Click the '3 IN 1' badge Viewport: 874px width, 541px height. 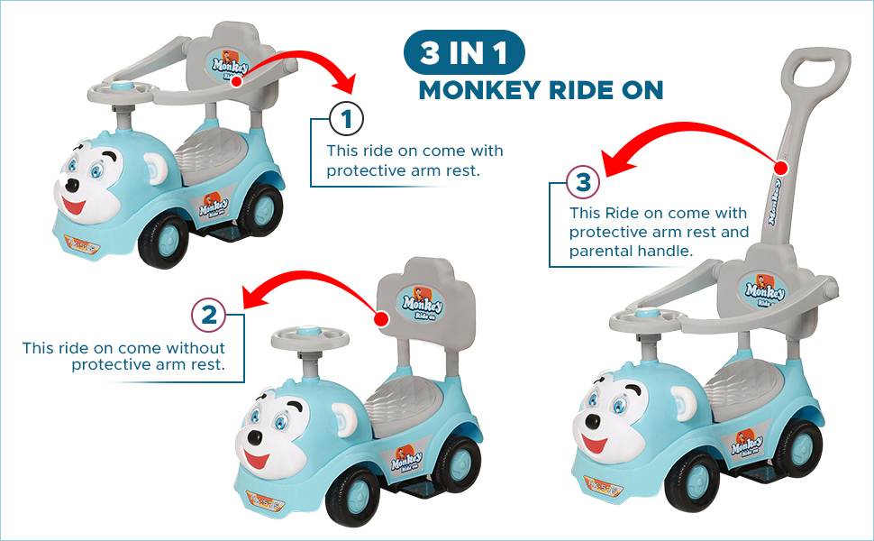tap(464, 52)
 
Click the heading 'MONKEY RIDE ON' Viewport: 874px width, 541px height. tap(541, 90)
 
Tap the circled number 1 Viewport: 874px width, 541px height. tap(346, 119)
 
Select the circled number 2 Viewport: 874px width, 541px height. tap(208, 315)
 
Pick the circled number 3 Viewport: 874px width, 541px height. tap(583, 182)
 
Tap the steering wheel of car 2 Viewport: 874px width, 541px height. tap(310, 337)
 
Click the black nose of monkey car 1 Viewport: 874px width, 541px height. tap(72, 185)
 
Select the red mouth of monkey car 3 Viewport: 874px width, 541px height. tap(594, 444)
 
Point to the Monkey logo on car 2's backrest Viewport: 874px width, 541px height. tap(423, 304)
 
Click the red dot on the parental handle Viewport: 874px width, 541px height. tap(781, 168)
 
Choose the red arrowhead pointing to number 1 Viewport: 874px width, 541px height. tap(342, 83)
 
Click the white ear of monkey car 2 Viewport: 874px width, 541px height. tap(344, 419)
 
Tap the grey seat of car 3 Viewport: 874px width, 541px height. tap(745, 386)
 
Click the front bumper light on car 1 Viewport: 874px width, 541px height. tap(82, 243)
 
